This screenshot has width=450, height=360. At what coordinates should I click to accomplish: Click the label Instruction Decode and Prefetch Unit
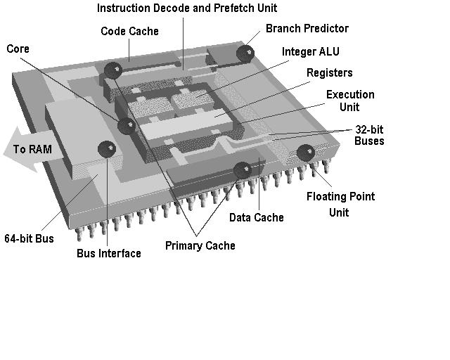click(186, 8)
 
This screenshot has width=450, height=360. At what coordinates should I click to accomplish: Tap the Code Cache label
click(129, 31)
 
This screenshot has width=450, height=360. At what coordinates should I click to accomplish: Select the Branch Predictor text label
click(307, 29)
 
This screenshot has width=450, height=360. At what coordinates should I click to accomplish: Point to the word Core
click(18, 49)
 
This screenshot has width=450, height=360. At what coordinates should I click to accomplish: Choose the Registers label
click(329, 73)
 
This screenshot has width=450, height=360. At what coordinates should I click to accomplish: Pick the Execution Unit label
click(350, 101)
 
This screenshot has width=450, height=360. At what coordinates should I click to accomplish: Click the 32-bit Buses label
click(369, 135)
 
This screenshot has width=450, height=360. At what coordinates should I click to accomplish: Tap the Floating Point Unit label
click(340, 204)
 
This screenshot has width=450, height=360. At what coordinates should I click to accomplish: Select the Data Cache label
click(257, 217)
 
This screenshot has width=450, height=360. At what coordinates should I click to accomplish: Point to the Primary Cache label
click(200, 245)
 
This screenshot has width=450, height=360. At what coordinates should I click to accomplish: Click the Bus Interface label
click(109, 253)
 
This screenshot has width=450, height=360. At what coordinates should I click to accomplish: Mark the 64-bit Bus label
click(29, 238)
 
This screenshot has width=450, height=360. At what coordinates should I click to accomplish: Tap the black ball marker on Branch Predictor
click(245, 53)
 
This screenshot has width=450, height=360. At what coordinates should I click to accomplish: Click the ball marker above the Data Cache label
click(243, 169)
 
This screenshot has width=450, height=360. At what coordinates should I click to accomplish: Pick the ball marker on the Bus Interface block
click(107, 148)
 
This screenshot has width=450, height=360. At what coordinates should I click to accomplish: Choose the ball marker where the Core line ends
click(127, 126)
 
